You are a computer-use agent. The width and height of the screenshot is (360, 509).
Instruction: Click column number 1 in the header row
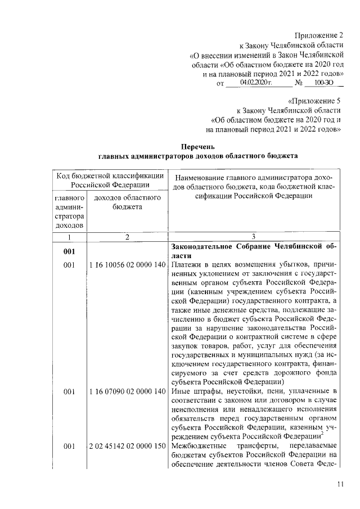click(69, 237)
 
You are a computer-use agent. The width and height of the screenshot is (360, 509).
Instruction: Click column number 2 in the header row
click(127, 237)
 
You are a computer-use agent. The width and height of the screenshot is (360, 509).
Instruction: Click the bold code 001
click(69, 251)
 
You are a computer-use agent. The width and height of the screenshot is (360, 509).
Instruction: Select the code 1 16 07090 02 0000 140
click(127, 391)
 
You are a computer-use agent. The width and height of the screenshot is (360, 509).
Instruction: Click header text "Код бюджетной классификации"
click(110, 175)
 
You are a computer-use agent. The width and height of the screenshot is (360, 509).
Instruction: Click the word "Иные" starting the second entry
click(181, 391)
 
